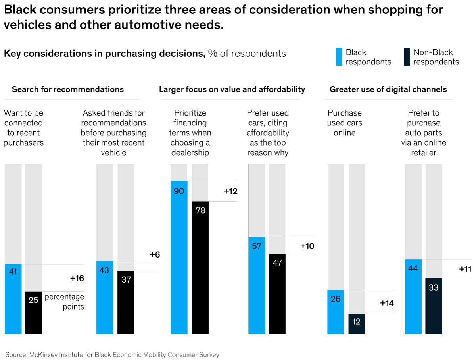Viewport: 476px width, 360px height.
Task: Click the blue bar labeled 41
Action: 13,299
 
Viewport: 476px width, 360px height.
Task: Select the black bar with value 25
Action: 34,313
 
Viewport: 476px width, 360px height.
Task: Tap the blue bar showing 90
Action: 179,257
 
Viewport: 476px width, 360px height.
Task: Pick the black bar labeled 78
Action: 200,268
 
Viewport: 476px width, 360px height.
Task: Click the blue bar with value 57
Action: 257,285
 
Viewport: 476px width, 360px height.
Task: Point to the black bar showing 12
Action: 357,324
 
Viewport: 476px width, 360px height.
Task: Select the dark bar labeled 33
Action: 434,306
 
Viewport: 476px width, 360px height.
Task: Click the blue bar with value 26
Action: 336,312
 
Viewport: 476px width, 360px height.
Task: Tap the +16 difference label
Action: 77,278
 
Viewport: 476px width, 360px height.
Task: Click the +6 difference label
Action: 155,254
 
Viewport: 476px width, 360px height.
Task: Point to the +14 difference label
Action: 387,303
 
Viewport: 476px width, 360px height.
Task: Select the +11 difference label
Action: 465,269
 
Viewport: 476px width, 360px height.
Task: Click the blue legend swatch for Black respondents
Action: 339,57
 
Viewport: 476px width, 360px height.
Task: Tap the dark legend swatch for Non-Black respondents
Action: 407,57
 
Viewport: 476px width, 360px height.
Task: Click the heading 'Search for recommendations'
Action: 68,89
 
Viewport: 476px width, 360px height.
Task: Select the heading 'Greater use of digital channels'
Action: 388,89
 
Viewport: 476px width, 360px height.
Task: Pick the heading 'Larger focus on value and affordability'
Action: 232,89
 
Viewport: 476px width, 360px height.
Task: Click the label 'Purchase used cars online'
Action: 344,123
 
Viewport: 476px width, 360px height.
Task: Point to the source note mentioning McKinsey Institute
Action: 112,355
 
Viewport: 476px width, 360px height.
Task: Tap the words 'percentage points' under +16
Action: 64,302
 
